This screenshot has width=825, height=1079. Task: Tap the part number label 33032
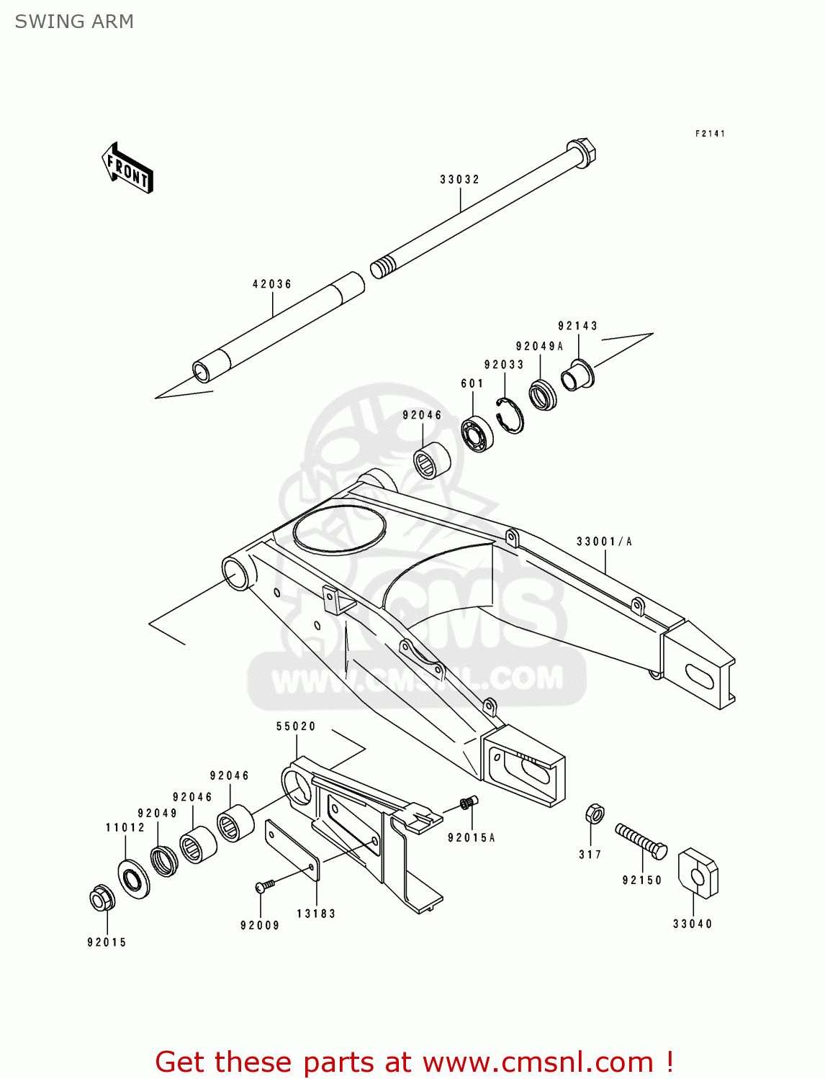point(459,180)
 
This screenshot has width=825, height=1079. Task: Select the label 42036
point(272,284)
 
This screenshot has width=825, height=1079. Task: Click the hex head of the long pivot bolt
point(581,152)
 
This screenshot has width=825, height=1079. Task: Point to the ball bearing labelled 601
point(477,434)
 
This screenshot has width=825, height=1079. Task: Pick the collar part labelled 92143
point(577,375)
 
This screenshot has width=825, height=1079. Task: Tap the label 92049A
point(539,346)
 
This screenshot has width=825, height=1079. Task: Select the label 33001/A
point(604,542)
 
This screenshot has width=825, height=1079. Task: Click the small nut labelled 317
point(595,814)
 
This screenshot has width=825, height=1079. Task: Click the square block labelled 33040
point(698,873)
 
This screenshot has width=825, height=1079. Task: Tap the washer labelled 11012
point(134,878)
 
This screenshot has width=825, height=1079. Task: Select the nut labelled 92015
point(102,899)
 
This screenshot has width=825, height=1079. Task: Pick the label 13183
point(316,914)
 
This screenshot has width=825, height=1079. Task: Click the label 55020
point(296,727)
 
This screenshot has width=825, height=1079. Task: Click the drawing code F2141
point(710,134)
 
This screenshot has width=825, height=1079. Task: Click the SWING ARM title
point(74,22)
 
